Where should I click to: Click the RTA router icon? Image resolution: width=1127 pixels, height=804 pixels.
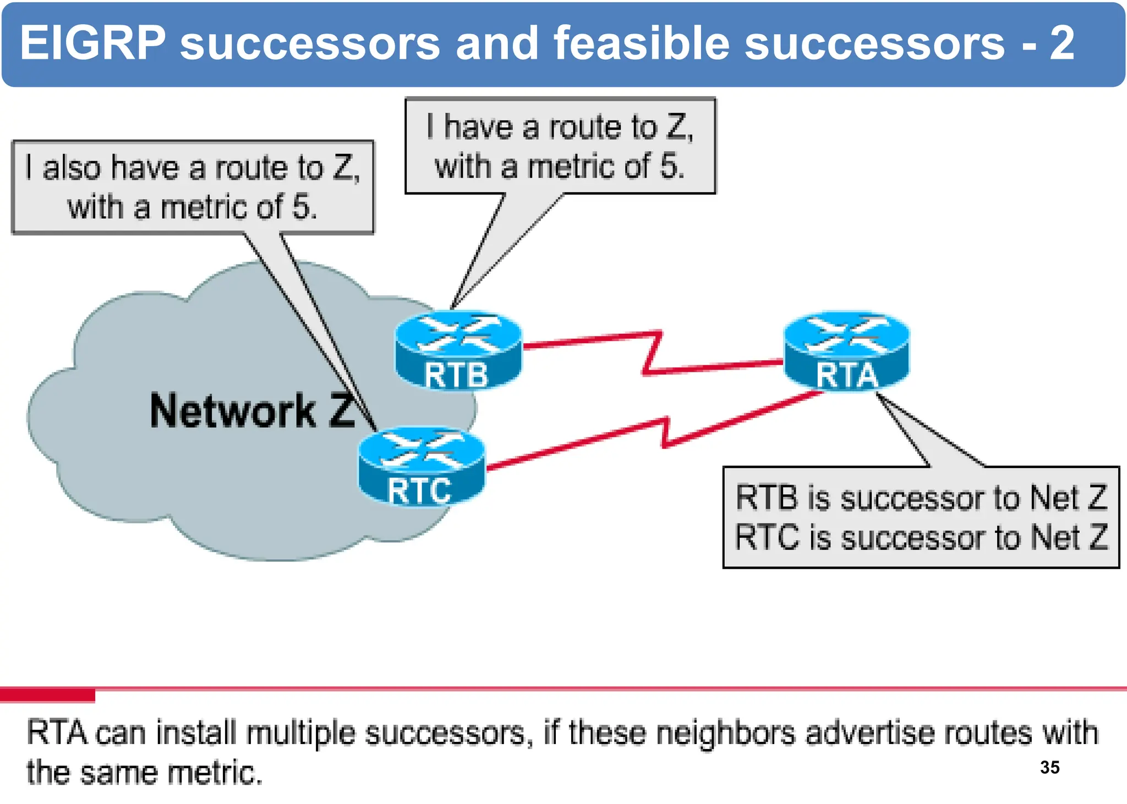point(846,351)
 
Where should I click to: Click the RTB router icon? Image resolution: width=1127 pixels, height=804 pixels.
point(458,350)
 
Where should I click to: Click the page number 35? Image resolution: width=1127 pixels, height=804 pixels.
point(1049,767)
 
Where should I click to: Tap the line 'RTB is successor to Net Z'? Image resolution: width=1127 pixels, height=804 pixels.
point(921,498)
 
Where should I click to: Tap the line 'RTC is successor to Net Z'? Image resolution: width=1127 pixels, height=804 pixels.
point(921,537)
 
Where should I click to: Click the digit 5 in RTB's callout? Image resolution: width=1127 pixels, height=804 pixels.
point(669,166)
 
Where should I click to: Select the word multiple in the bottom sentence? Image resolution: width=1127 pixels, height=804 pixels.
point(300,734)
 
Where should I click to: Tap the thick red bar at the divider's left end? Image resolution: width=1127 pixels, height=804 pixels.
point(47,696)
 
